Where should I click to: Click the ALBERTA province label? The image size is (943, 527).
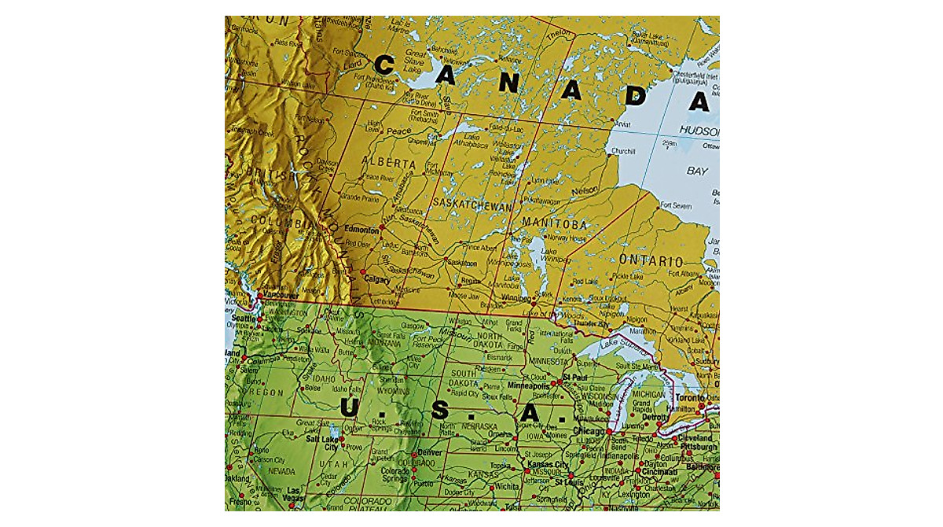click(388, 163)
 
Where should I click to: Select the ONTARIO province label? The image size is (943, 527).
click(650, 260)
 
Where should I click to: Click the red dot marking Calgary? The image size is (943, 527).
click(363, 273)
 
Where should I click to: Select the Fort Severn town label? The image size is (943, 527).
click(676, 205)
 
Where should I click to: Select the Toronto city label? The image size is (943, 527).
click(689, 399)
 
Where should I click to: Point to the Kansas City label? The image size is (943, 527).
click(550, 465)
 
